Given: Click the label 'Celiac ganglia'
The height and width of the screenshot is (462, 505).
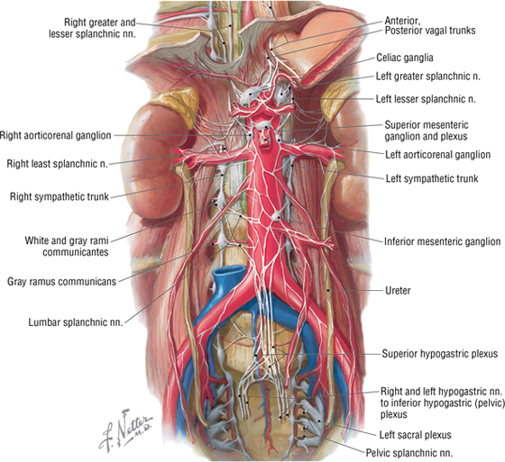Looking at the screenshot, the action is click(x=405, y=58).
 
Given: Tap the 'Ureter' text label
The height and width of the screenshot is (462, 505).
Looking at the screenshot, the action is click(x=398, y=291).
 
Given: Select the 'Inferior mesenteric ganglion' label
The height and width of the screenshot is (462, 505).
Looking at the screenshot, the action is click(x=442, y=241).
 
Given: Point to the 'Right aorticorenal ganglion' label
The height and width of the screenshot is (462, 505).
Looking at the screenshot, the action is click(x=55, y=135).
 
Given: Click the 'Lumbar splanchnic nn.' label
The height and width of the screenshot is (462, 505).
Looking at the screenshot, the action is click(x=76, y=322).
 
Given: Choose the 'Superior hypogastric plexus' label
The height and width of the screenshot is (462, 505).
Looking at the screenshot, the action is click(x=440, y=354).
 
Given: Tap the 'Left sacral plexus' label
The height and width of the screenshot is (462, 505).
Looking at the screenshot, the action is click(x=415, y=435).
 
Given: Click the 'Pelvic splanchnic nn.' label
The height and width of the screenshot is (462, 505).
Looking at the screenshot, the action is click(x=409, y=453).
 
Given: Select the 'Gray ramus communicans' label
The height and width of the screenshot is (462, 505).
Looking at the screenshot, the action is click(x=61, y=282).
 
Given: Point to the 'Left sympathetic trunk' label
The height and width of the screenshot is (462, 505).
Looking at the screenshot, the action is click(x=432, y=178).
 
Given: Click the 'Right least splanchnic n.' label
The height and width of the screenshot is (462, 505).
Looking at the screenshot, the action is click(x=57, y=164).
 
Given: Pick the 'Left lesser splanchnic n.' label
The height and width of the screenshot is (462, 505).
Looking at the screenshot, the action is click(x=426, y=99).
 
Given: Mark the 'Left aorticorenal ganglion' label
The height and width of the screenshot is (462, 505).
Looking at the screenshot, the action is click(x=437, y=154).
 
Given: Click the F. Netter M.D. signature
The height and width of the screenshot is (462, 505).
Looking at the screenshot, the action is click(x=124, y=430).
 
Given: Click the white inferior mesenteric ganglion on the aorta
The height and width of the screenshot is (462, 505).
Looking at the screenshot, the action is click(x=276, y=216).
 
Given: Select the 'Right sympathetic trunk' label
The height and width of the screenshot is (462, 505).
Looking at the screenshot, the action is click(x=60, y=196).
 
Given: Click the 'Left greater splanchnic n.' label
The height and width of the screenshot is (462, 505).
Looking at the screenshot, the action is click(x=428, y=77).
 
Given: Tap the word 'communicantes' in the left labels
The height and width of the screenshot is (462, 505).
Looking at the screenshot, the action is click(x=76, y=252).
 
